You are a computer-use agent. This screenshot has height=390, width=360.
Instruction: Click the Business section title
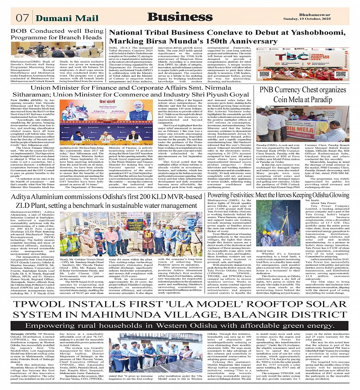click(180, 17)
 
